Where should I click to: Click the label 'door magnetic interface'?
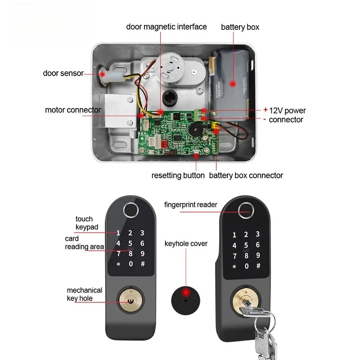tap(166, 27)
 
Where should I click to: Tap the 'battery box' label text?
tap(240, 27)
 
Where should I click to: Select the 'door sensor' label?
tap(63, 73)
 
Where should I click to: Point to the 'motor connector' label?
tap(73, 110)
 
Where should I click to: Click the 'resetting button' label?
tap(178, 175)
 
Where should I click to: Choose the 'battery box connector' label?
tap(246, 175)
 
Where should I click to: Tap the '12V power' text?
tap(288, 110)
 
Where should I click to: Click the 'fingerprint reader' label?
tap(191, 205)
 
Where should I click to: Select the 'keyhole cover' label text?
tap(186, 243)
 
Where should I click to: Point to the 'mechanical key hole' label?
tap(85, 294)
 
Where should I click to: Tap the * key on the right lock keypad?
tap(234, 266)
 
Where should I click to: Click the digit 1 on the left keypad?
tap(118, 233)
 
